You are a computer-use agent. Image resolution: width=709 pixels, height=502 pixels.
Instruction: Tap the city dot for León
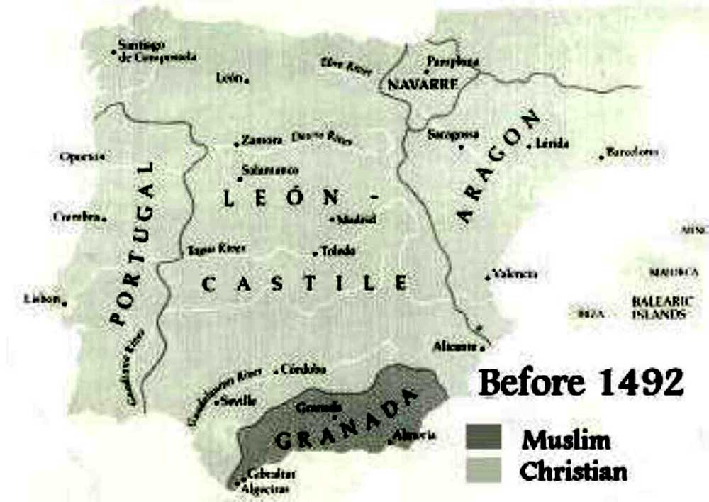246,81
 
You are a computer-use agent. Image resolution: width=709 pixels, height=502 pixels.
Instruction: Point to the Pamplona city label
454,62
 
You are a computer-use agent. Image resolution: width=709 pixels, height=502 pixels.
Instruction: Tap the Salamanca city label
270,171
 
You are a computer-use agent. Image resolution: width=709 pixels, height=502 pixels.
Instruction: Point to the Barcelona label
633,152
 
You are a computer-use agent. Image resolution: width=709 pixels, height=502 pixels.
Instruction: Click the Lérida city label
554,143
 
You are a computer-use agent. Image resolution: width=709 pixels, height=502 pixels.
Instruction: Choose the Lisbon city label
41,299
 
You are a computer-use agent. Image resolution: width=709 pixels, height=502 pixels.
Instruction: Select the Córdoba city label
303,369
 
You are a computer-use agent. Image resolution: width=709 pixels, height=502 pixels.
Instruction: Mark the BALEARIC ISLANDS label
659,307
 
